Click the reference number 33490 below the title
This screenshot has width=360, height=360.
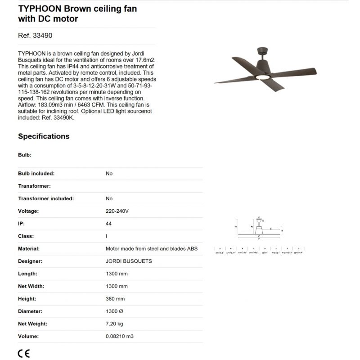tap(32, 36)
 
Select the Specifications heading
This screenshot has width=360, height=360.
tap(44, 136)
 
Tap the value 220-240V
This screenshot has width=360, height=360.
tap(117, 211)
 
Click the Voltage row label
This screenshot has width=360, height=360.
tap(28, 211)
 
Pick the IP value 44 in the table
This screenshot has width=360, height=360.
tap(108, 223)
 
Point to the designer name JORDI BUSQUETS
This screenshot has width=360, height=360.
tap(129, 261)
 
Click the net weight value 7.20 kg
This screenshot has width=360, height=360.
tap(115, 324)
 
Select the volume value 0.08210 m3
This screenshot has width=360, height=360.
tap(120, 336)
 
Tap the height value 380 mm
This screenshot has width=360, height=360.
tap(115, 299)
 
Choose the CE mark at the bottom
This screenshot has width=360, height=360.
tap(24, 353)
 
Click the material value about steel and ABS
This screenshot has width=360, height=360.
tap(151, 248)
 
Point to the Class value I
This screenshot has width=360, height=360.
tap(106, 236)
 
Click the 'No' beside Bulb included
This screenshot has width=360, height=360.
tap(109, 173)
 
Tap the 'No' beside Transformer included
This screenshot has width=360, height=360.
tap(109, 198)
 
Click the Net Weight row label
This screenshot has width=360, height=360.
tap(32, 324)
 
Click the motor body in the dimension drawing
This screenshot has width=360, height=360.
tap(259, 229)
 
